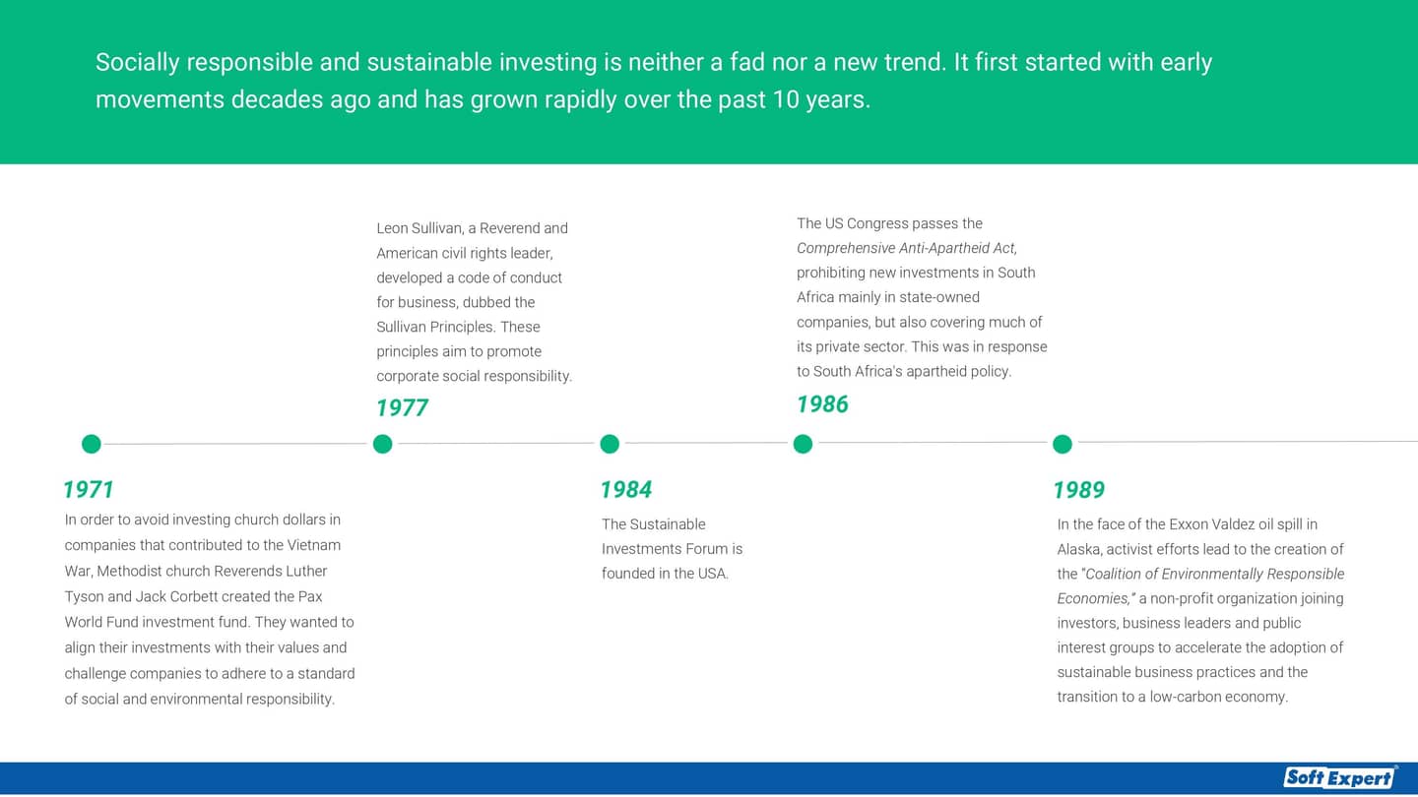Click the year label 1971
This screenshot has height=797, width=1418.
coord(89,490)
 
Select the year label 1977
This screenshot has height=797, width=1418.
coord(402,408)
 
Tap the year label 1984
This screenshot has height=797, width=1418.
coord(626,490)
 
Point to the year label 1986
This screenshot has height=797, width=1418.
coord(822,404)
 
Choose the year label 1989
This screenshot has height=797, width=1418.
coord(1078,490)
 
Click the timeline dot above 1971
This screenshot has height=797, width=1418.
coord(91,445)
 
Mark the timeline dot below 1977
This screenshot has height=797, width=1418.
coord(383,445)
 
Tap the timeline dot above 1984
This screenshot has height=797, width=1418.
coord(610,445)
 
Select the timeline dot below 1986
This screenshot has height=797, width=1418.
coord(803,445)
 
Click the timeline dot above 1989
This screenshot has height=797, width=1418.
coord(1062,445)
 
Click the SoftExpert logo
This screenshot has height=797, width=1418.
coord(1339,777)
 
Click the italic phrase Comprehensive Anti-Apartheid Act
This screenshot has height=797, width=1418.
coord(906,248)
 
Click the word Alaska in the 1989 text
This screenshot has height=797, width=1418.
coord(1078,549)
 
